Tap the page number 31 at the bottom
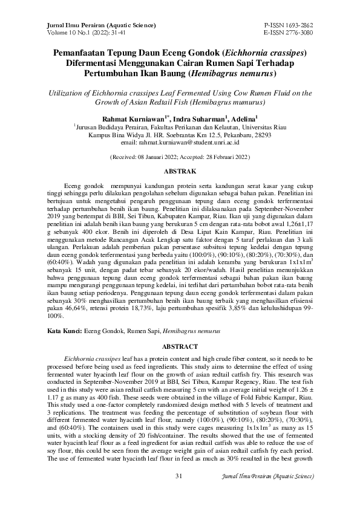pyautogui.click(x=179, y=493)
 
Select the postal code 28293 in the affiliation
pyautogui.click(x=259, y=136)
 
